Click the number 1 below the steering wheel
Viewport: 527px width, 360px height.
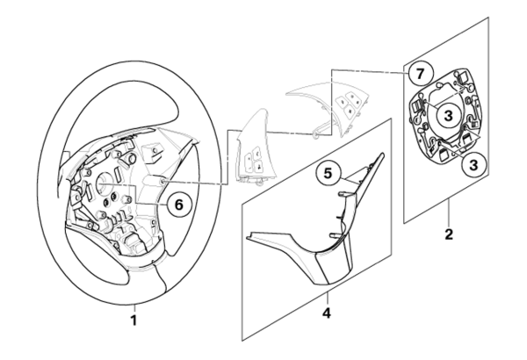point(134,320)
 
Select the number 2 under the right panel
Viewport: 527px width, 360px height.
point(449,234)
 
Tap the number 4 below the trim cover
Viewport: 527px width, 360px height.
point(327,313)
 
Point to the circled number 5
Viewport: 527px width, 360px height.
point(328,174)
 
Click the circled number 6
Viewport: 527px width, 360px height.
point(179,204)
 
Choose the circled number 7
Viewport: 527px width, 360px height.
point(421,74)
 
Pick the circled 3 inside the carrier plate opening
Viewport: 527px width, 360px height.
point(448,116)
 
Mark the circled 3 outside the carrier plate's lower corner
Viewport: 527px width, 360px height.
point(473,165)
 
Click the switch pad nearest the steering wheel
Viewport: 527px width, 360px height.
point(256,148)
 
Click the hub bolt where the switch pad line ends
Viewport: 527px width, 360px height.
point(162,182)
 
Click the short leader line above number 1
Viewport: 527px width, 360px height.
point(134,308)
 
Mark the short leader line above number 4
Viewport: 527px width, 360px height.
point(328,299)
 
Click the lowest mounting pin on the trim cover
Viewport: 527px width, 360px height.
point(336,235)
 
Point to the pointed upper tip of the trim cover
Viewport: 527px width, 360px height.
point(382,155)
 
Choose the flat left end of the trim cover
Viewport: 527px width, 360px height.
point(249,237)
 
